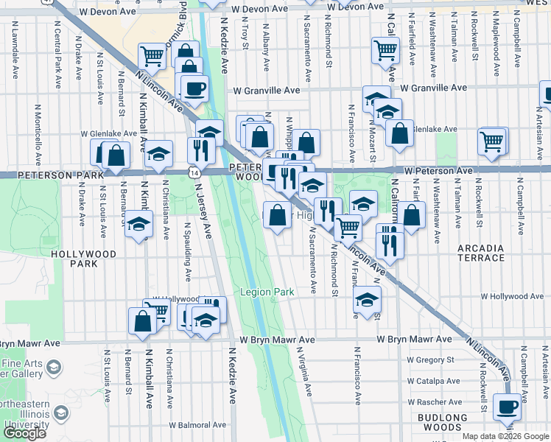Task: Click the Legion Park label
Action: pos(267,292)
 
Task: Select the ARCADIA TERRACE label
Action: pos(491,253)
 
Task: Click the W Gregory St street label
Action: pos(427,360)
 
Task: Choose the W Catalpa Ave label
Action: pos(428,381)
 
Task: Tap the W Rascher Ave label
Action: pos(430,402)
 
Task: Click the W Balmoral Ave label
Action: pos(197,425)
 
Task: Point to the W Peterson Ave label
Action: pos(438,170)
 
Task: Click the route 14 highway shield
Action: pos(192,172)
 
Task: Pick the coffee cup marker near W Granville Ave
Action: pos(194,89)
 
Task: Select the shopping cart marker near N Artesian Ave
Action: pos(491,139)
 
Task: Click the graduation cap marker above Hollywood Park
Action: pos(138,225)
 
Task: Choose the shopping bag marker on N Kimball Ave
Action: pos(142,320)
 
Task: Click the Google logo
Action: pos(25,433)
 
